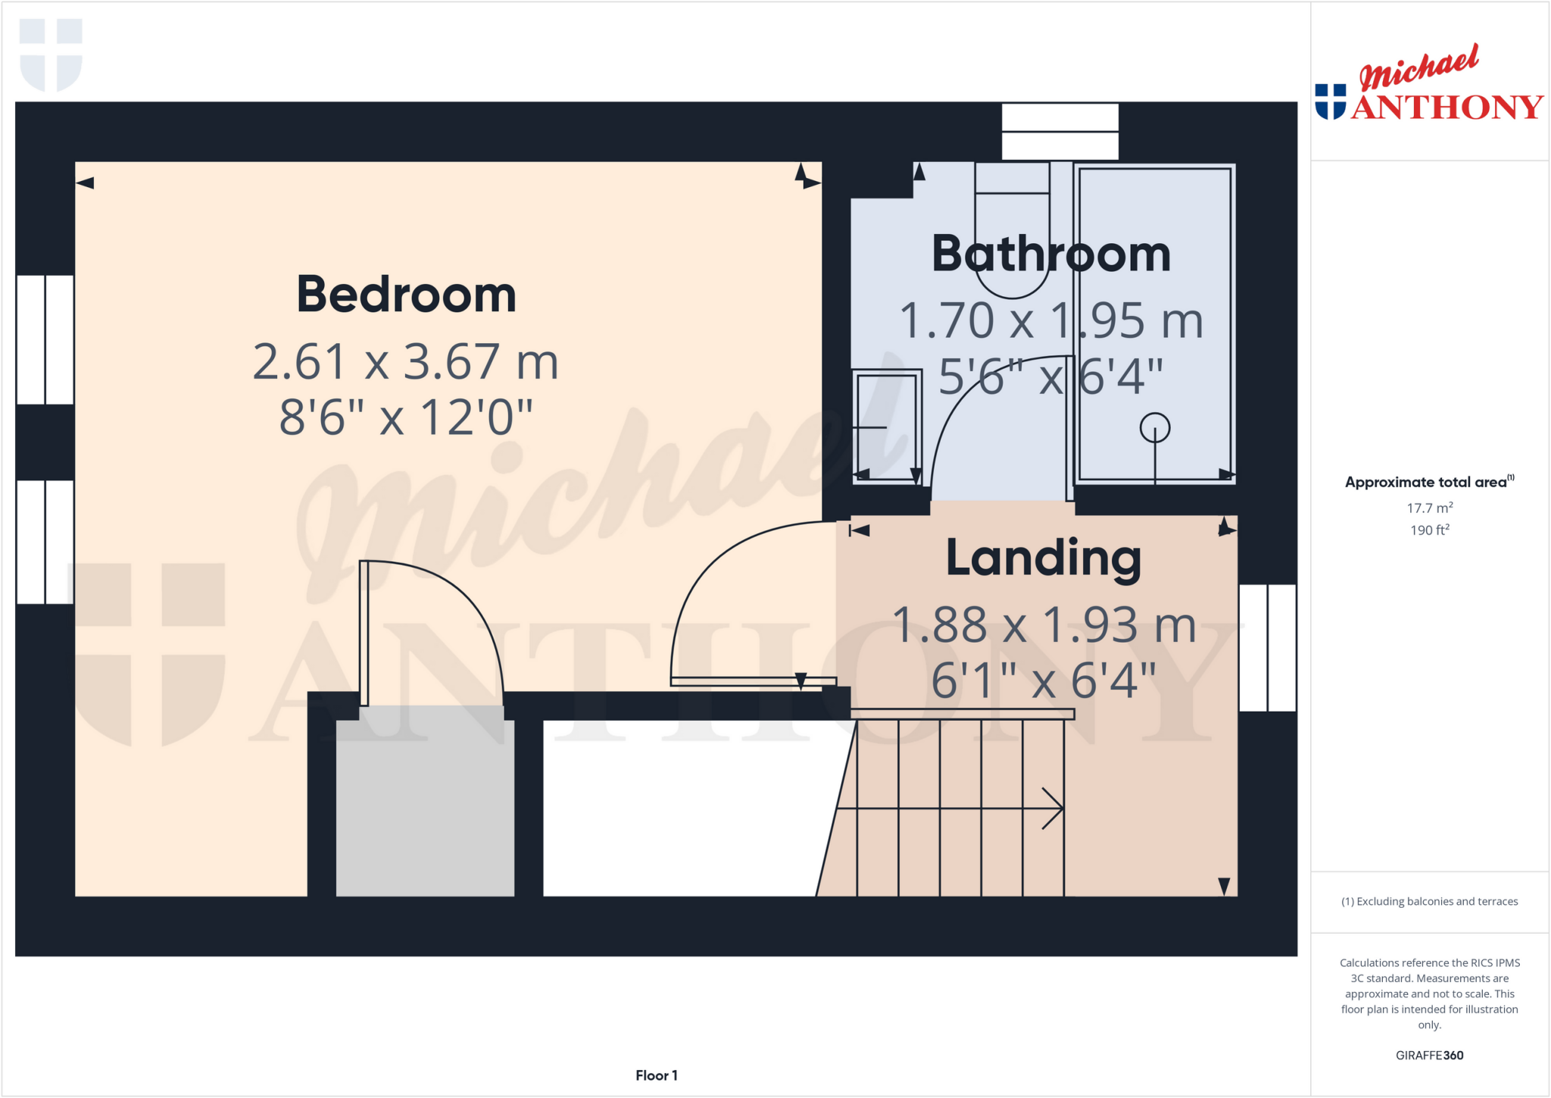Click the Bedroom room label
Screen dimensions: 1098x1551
pyautogui.click(x=406, y=295)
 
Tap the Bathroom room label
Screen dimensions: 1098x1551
pyautogui.click(x=1050, y=254)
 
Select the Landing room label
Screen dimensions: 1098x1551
pyautogui.click(x=1044, y=558)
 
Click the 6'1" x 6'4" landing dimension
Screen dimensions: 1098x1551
pyautogui.click(x=1044, y=680)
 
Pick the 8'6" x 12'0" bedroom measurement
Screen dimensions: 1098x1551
pyautogui.click(x=406, y=417)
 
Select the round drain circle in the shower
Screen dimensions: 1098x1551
pyautogui.click(x=1154, y=427)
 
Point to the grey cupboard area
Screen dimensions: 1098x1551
pyautogui.click(x=425, y=807)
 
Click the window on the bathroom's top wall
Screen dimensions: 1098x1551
pyautogui.click(x=1059, y=132)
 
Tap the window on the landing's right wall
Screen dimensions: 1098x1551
pyautogui.click(x=1267, y=648)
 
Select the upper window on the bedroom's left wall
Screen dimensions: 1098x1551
pyautogui.click(x=45, y=339)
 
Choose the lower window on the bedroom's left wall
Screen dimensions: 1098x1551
pyautogui.click(x=45, y=542)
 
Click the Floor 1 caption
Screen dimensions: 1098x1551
pyautogui.click(x=657, y=1075)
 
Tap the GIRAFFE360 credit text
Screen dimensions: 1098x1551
pyautogui.click(x=1429, y=1055)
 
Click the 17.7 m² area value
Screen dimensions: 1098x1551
pyautogui.click(x=1429, y=508)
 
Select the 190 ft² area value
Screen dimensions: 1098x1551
pyautogui.click(x=1429, y=530)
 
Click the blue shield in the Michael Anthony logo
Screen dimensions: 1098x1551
pyautogui.click(x=1330, y=102)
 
